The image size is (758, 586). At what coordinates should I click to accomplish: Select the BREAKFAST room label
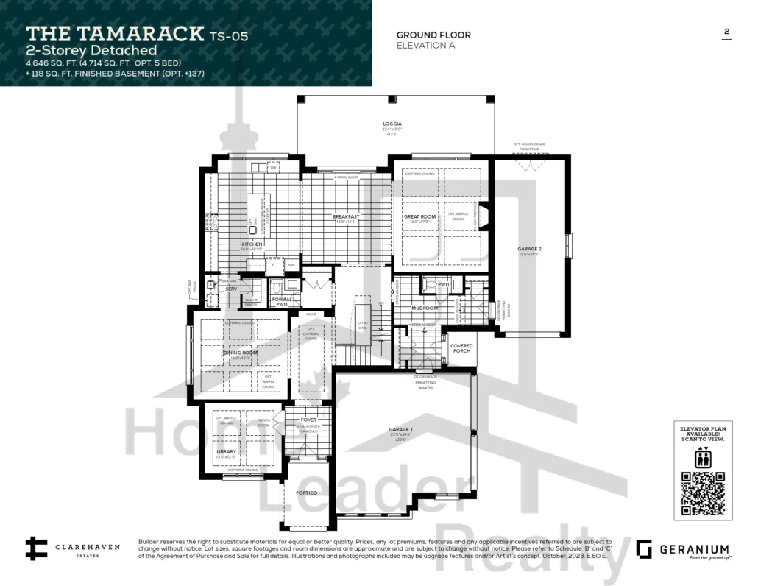tap(346, 216)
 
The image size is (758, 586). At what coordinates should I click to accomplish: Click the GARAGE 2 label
tap(529, 249)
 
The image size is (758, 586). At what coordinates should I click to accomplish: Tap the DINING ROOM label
tap(241, 353)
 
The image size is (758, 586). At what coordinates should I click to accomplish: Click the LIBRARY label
tap(226, 451)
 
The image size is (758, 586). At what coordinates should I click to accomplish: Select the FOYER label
tap(308, 420)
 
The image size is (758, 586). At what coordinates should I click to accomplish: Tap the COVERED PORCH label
tap(461, 348)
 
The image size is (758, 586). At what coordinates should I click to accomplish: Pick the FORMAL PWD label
tap(282, 301)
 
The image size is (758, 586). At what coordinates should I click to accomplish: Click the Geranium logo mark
tap(644, 549)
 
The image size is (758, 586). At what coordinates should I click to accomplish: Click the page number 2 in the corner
tap(726, 32)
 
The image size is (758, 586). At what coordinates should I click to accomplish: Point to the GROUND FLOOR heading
tap(433, 35)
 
